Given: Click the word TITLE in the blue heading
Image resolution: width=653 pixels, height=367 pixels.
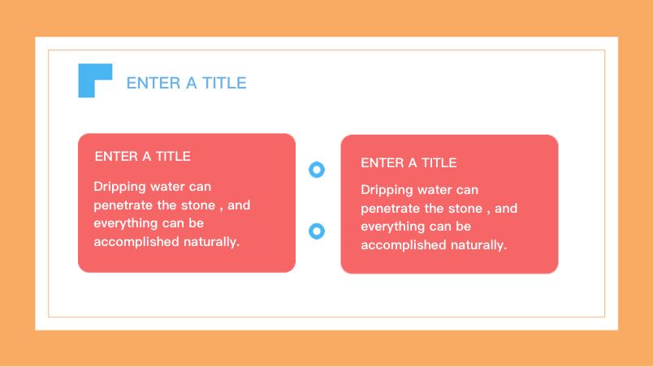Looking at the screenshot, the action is (224, 83).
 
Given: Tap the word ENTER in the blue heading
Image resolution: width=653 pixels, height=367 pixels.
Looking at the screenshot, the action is (154, 83).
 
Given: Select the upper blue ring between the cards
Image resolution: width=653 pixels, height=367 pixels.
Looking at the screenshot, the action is (317, 170).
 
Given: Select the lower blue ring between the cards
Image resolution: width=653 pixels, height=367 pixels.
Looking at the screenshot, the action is (317, 231).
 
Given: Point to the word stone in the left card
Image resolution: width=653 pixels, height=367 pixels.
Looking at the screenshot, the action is (198, 205).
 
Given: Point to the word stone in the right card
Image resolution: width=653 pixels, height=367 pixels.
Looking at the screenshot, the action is (465, 209).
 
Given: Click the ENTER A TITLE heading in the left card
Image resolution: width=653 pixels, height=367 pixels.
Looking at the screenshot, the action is (142, 157).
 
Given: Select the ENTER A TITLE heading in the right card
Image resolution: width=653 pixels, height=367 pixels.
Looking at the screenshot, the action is (409, 162).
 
